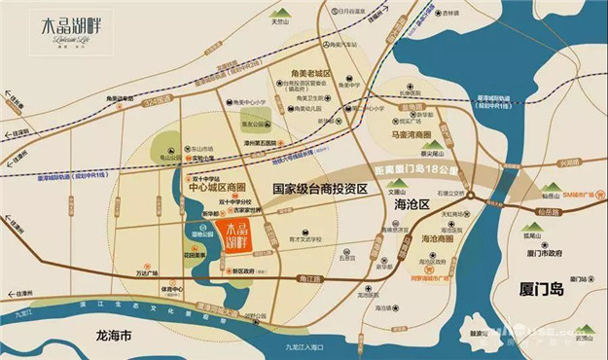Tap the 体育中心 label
click(x=171, y=289)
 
